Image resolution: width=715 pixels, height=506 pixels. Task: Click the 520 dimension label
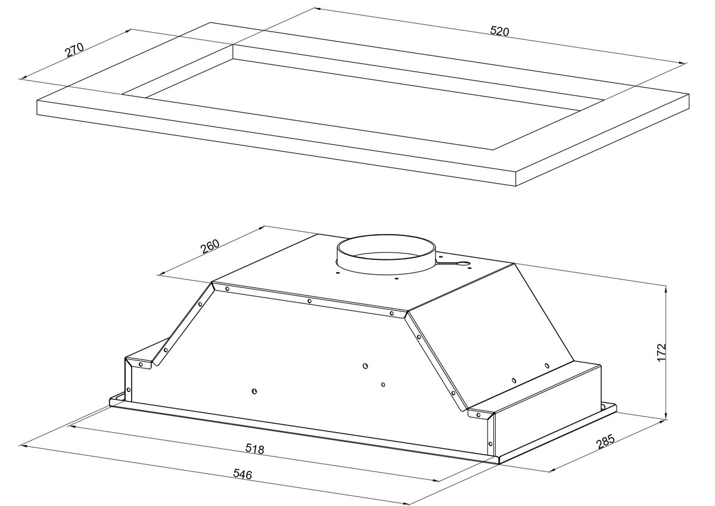pyautogui.click(x=500, y=31)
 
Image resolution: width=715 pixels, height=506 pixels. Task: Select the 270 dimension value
pyautogui.click(x=74, y=49)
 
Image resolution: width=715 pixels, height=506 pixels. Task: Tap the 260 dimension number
pyautogui.click(x=210, y=247)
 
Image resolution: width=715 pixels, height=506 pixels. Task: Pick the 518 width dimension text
pyautogui.click(x=254, y=449)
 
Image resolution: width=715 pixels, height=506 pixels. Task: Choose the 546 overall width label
pyautogui.click(x=243, y=474)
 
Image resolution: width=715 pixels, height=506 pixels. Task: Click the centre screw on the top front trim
pyautogui.click(x=309, y=301)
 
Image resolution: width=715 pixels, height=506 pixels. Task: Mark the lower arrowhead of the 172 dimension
pyautogui.click(x=666, y=416)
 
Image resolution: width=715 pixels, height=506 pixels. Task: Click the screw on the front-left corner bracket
pyautogui.click(x=141, y=364)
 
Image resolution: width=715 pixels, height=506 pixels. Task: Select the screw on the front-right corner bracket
pyautogui.click(x=478, y=415)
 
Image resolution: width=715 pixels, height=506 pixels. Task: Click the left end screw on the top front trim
pyautogui.click(x=227, y=288)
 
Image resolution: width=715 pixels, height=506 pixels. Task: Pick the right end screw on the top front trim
pyautogui.click(x=391, y=313)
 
